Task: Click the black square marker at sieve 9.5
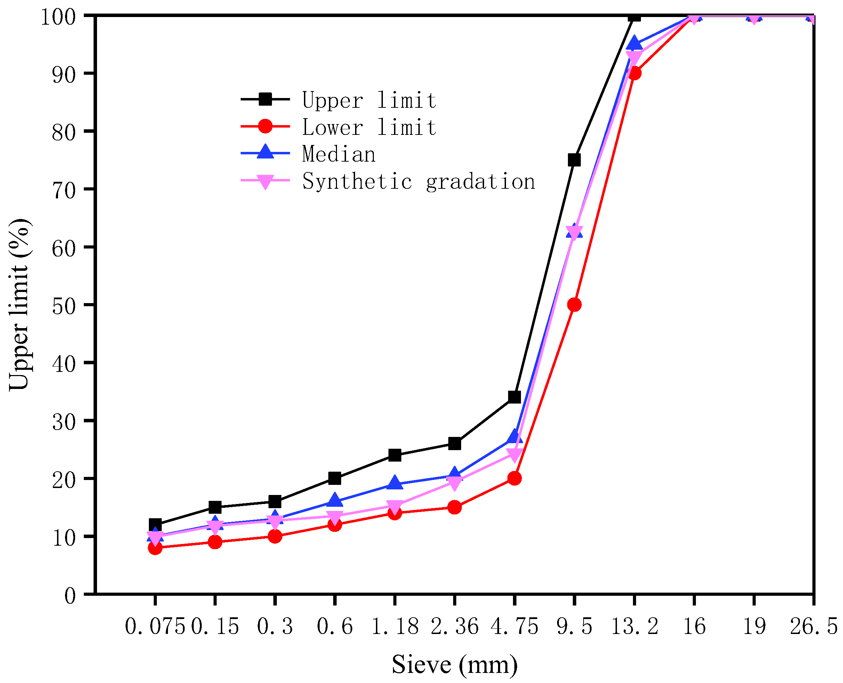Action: pyautogui.click(x=574, y=160)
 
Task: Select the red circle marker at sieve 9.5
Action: pyautogui.click(x=574, y=304)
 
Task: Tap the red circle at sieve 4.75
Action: pyautogui.click(x=514, y=478)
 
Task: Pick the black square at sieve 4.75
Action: pyautogui.click(x=514, y=397)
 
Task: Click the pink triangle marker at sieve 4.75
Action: pyautogui.click(x=514, y=455)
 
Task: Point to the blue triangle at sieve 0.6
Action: pyautogui.click(x=335, y=500)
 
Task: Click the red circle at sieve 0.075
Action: pyautogui.click(x=155, y=548)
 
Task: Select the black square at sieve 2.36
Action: pyautogui.click(x=455, y=444)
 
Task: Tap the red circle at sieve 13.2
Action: pyautogui.click(x=634, y=73)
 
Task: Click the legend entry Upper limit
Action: pyautogui.click(x=369, y=100)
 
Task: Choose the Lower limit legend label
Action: pyautogui.click(x=369, y=127)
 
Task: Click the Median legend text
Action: pyautogui.click(x=338, y=154)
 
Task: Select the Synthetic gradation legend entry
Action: pyautogui.click(x=418, y=181)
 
